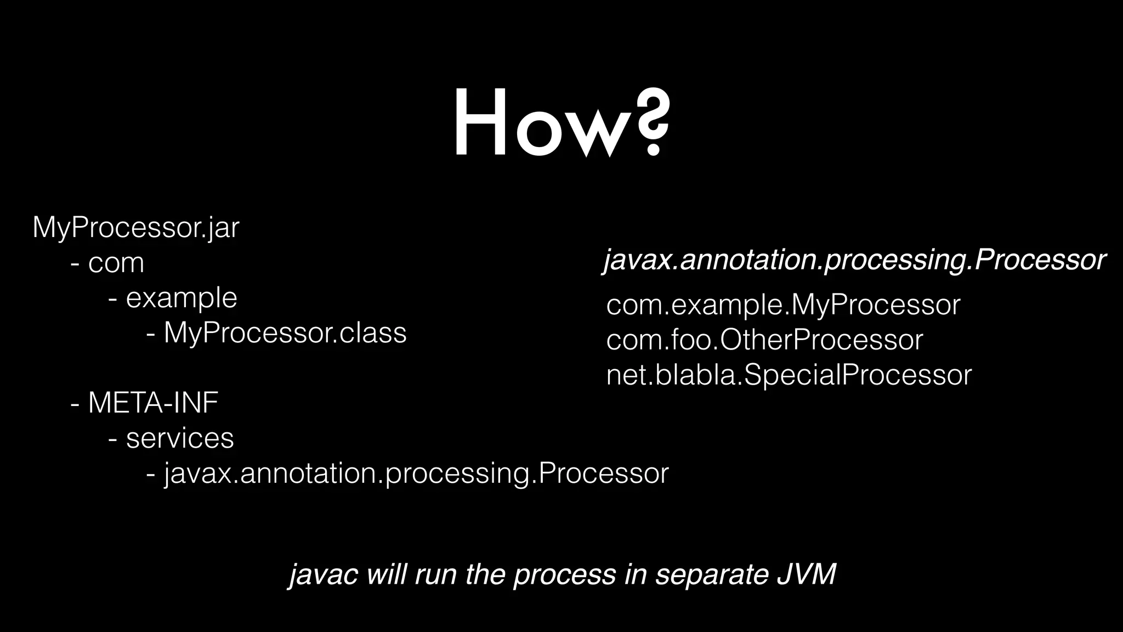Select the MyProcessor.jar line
coord(135,228)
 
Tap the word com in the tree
coord(116,263)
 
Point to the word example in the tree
coord(182,298)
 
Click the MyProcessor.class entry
coord(285,333)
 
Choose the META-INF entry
coord(153,403)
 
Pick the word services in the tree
coord(180,438)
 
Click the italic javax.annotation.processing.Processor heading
coord(854,259)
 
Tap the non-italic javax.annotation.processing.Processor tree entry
coord(416,473)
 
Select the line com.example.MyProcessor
coord(783,305)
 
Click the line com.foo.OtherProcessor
coord(764,340)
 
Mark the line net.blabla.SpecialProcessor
coord(789,376)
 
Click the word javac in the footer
coord(324,575)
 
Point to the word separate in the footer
coord(711,575)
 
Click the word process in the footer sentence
coord(565,575)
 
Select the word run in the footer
coord(435,575)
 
